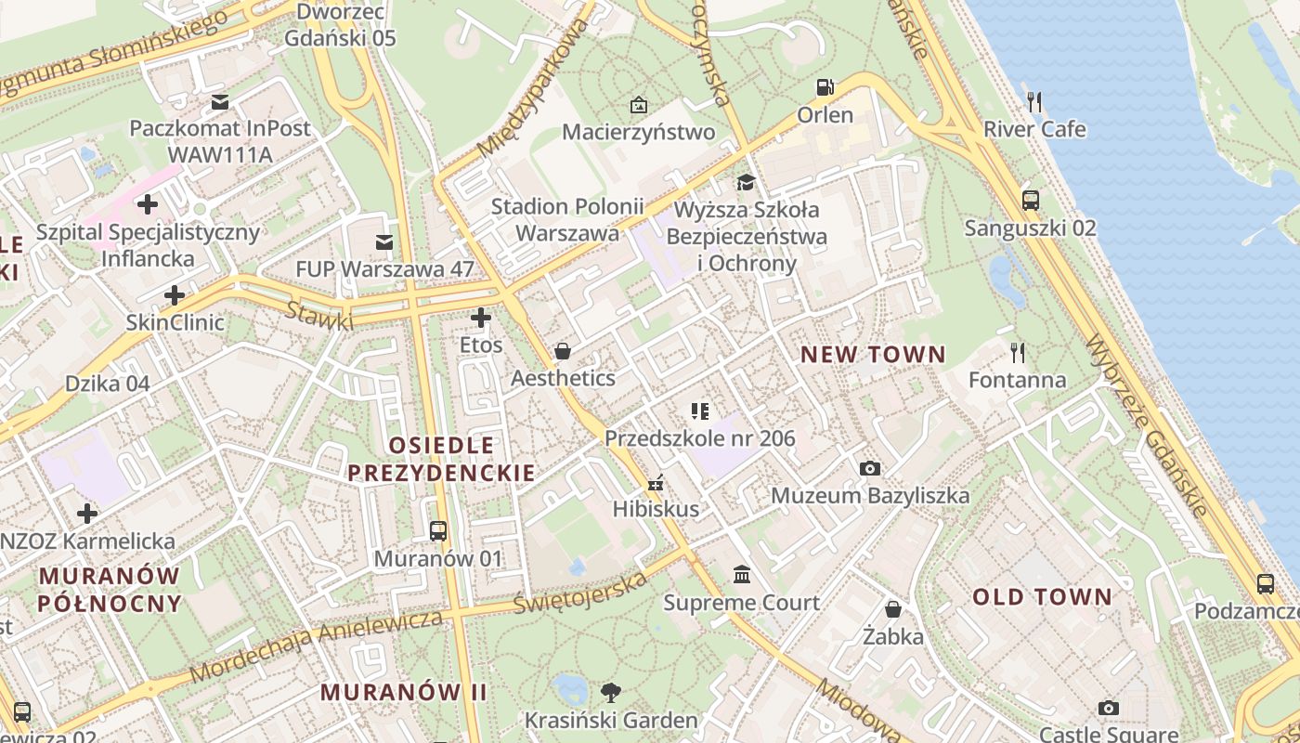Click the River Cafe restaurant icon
1034,100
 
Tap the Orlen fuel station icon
825,87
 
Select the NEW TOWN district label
873,355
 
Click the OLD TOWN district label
1042,597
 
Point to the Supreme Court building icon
742,575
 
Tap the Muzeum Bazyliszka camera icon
869,468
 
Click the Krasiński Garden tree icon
610,692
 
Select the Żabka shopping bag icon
892,609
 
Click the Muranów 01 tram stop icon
438,531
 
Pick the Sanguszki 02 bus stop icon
1030,200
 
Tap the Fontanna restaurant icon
1018,352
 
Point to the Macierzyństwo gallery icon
638,105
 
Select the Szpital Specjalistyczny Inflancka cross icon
147,203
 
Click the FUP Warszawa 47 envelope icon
383,242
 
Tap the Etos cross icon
480,318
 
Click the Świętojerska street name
579,593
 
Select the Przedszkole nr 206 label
700,438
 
